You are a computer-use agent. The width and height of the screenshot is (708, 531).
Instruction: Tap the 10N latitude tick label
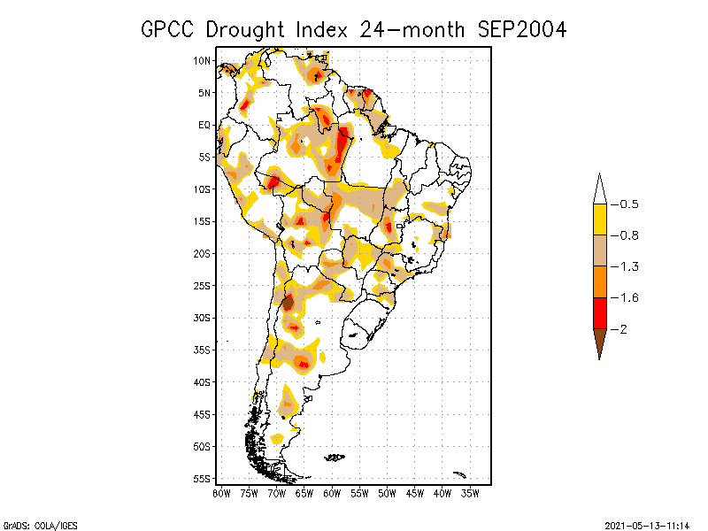202,60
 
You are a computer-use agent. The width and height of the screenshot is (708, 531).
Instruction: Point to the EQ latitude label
204,125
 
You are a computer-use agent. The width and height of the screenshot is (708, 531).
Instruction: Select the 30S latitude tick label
202,318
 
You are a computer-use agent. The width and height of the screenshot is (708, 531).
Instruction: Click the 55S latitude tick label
202,479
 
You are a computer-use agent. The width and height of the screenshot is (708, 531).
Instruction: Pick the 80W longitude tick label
221,493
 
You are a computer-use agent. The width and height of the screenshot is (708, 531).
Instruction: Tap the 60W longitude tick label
332,493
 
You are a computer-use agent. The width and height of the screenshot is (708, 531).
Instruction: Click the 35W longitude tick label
471,493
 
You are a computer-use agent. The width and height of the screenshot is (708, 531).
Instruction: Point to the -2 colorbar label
622,329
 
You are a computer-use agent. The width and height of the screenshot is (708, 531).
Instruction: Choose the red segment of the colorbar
600,313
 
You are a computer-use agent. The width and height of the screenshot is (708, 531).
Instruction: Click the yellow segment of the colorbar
600,219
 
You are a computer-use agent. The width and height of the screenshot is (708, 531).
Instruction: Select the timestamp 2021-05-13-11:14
646,525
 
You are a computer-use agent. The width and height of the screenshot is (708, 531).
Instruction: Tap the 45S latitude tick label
202,414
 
